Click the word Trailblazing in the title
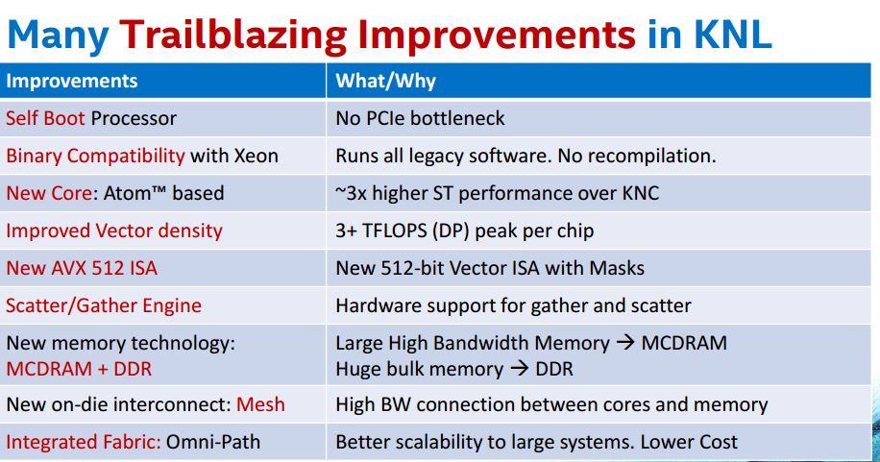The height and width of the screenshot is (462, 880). click(x=233, y=35)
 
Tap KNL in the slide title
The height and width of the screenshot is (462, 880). click(x=732, y=34)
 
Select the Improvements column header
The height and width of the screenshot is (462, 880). click(x=72, y=81)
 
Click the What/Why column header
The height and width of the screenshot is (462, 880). click(x=385, y=81)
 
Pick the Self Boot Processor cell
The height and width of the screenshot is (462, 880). click(x=91, y=118)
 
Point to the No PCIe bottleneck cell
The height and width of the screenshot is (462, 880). click(x=420, y=118)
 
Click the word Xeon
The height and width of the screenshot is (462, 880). click(x=256, y=156)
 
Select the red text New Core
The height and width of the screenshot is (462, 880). click(x=49, y=193)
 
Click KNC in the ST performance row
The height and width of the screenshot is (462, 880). click(x=641, y=193)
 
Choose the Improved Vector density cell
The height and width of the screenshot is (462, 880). click(x=114, y=231)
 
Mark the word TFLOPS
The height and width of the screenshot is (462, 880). click(x=395, y=231)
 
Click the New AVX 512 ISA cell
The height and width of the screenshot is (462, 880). click(x=82, y=268)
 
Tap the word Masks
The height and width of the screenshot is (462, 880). click(x=617, y=268)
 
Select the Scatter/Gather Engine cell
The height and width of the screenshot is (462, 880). click(x=103, y=305)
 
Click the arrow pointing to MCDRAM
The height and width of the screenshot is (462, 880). click(x=625, y=343)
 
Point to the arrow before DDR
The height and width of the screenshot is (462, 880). click(x=520, y=369)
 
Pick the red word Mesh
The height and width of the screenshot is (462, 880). click(x=260, y=404)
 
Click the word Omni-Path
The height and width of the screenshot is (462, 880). click(x=213, y=442)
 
